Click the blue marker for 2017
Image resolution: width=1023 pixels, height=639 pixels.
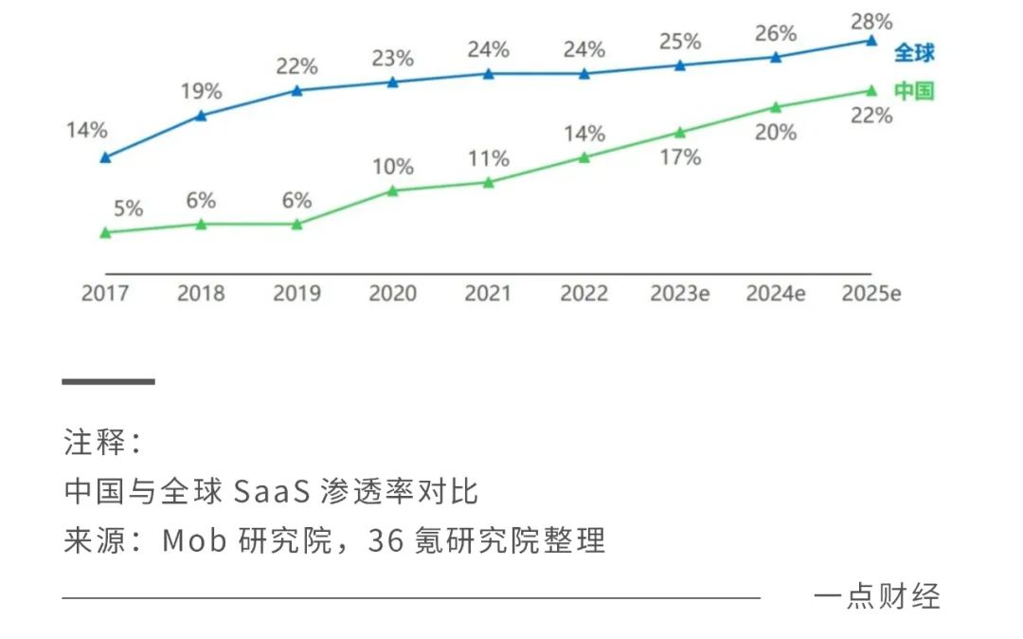(x=105, y=157)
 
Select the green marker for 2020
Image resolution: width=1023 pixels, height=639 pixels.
(x=392, y=191)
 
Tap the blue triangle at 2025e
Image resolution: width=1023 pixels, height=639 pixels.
(x=871, y=41)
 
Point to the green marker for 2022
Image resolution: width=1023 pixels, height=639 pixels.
(x=583, y=157)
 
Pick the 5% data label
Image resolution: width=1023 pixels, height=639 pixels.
(x=128, y=209)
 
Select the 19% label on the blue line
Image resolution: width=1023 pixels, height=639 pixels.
(x=201, y=92)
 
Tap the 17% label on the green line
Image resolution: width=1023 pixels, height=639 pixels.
(x=680, y=157)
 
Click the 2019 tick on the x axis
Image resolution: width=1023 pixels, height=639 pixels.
(x=296, y=293)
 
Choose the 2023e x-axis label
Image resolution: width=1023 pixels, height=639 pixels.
(x=679, y=293)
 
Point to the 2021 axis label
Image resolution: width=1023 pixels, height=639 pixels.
(x=488, y=293)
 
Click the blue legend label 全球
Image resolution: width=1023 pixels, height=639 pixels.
(x=914, y=52)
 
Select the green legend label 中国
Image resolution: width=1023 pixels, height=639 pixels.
(x=914, y=91)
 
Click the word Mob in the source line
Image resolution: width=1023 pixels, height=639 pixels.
(x=191, y=541)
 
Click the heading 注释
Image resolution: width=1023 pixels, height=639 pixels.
(x=92, y=442)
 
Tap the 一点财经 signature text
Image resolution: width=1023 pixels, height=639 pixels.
(x=876, y=596)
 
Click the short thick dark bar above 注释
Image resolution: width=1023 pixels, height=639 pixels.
(x=108, y=381)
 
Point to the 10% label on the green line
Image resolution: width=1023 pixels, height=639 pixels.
(x=392, y=167)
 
